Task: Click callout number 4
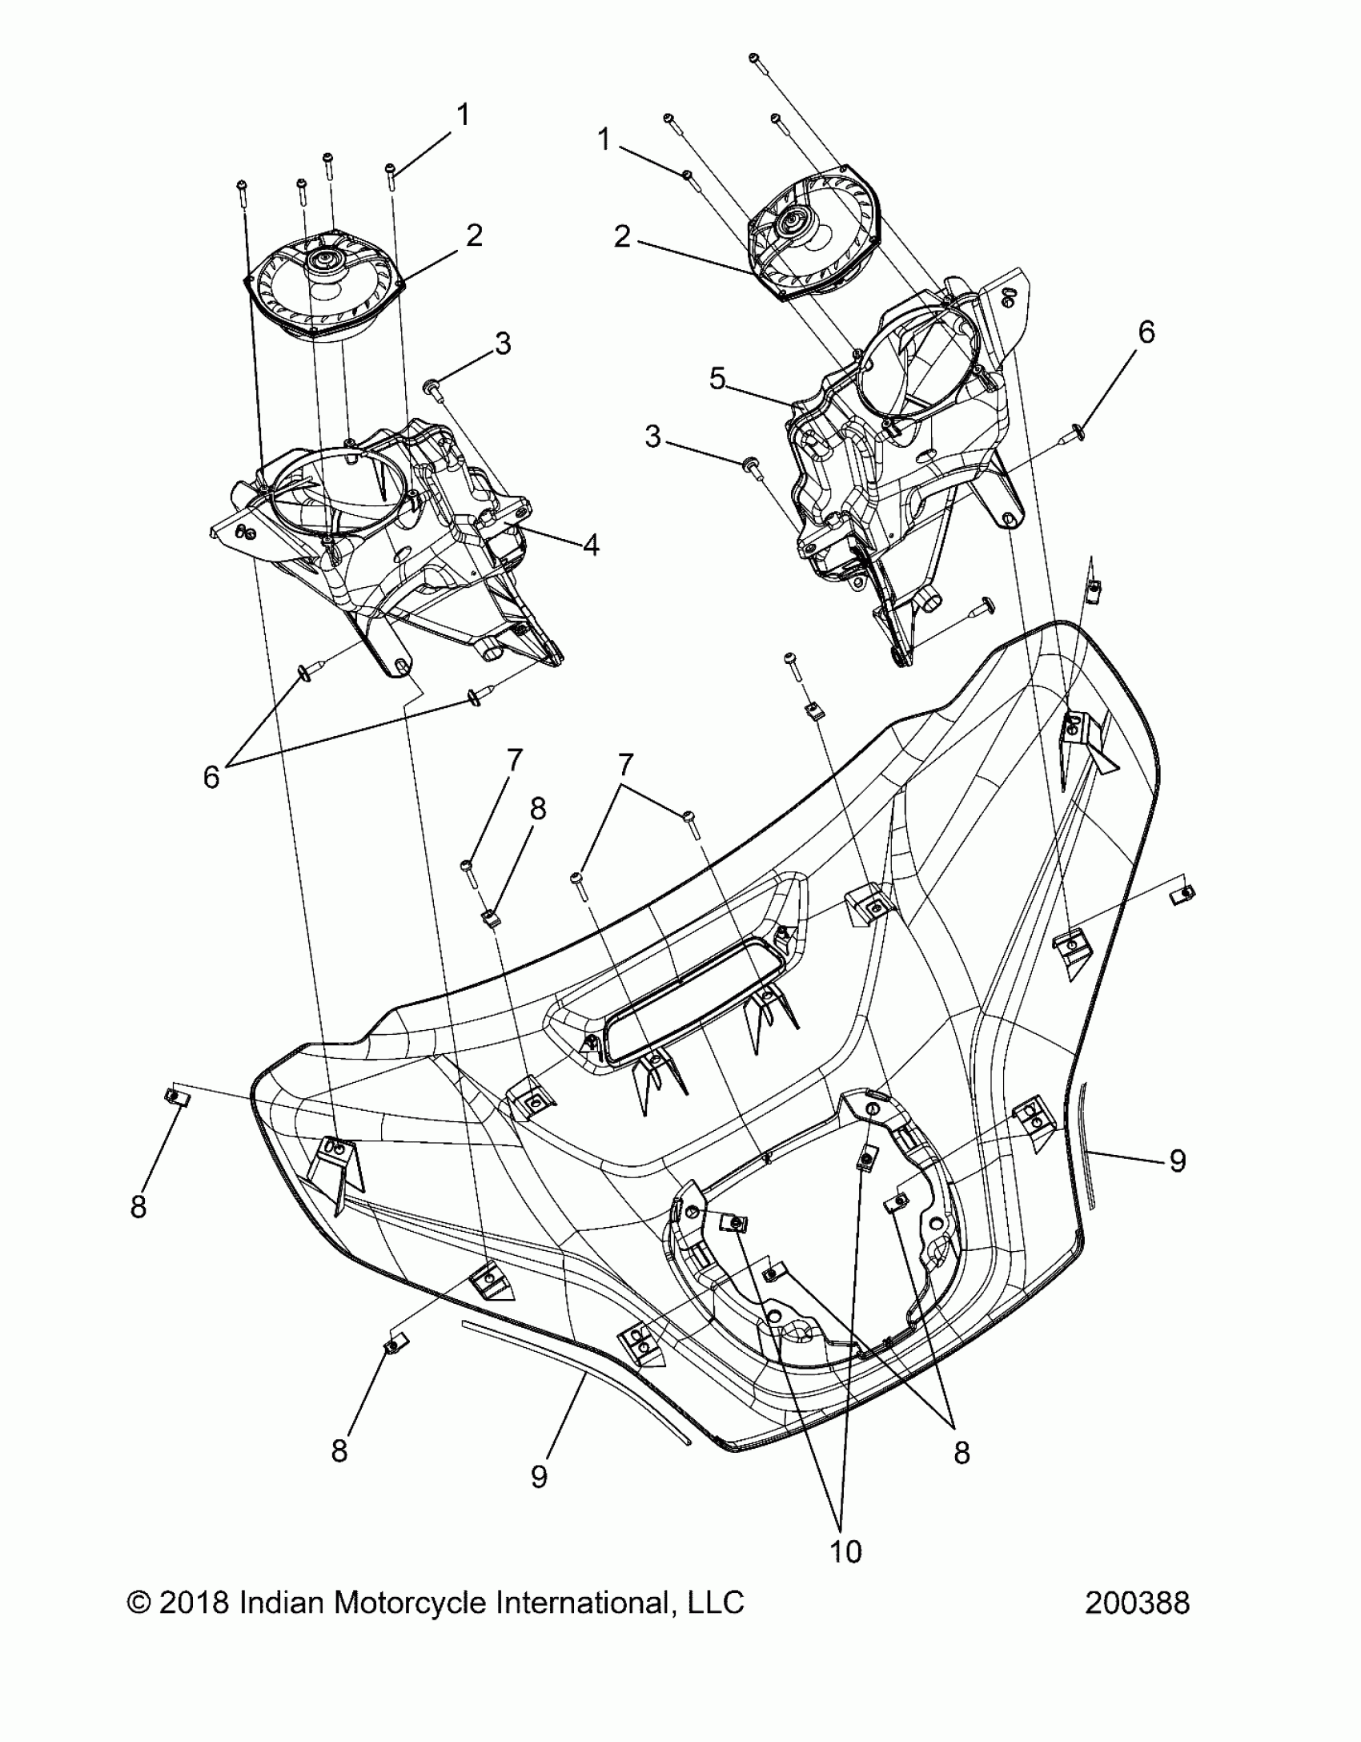click(x=591, y=545)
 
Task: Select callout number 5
click(x=718, y=379)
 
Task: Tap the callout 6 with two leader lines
click(x=211, y=776)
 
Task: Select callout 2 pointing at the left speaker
click(x=474, y=235)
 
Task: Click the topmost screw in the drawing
click(x=753, y=58)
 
